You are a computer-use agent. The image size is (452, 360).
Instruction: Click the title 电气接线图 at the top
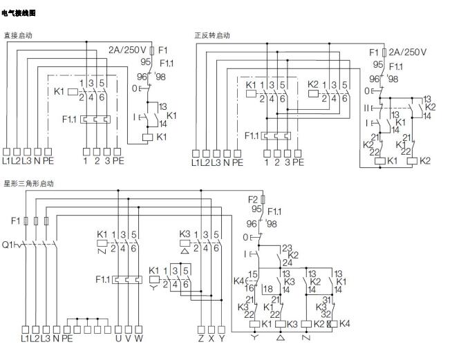tap(19, 13)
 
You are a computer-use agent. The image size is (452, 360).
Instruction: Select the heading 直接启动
tap(18, 35)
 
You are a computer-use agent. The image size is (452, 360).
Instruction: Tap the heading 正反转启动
tap(212, 35)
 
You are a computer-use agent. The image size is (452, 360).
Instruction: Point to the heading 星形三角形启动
tap(28, 184)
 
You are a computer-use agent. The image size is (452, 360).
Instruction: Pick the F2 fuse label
tap(254, 199)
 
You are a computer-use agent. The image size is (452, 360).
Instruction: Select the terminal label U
tap(118, 339)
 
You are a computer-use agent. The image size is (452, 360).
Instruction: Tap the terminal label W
tap(139, 339)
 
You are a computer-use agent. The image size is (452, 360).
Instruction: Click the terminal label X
tap(212, 339)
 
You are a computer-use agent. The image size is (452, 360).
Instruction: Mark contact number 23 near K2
tap(287, 247)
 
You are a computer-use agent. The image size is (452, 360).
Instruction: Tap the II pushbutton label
tap(368, 108)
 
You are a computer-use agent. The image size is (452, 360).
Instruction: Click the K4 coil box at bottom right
tap(334, 323)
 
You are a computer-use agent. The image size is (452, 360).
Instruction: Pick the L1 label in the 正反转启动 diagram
tap(196, 163)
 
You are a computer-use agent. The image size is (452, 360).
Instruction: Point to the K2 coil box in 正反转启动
tap(413, 160)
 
